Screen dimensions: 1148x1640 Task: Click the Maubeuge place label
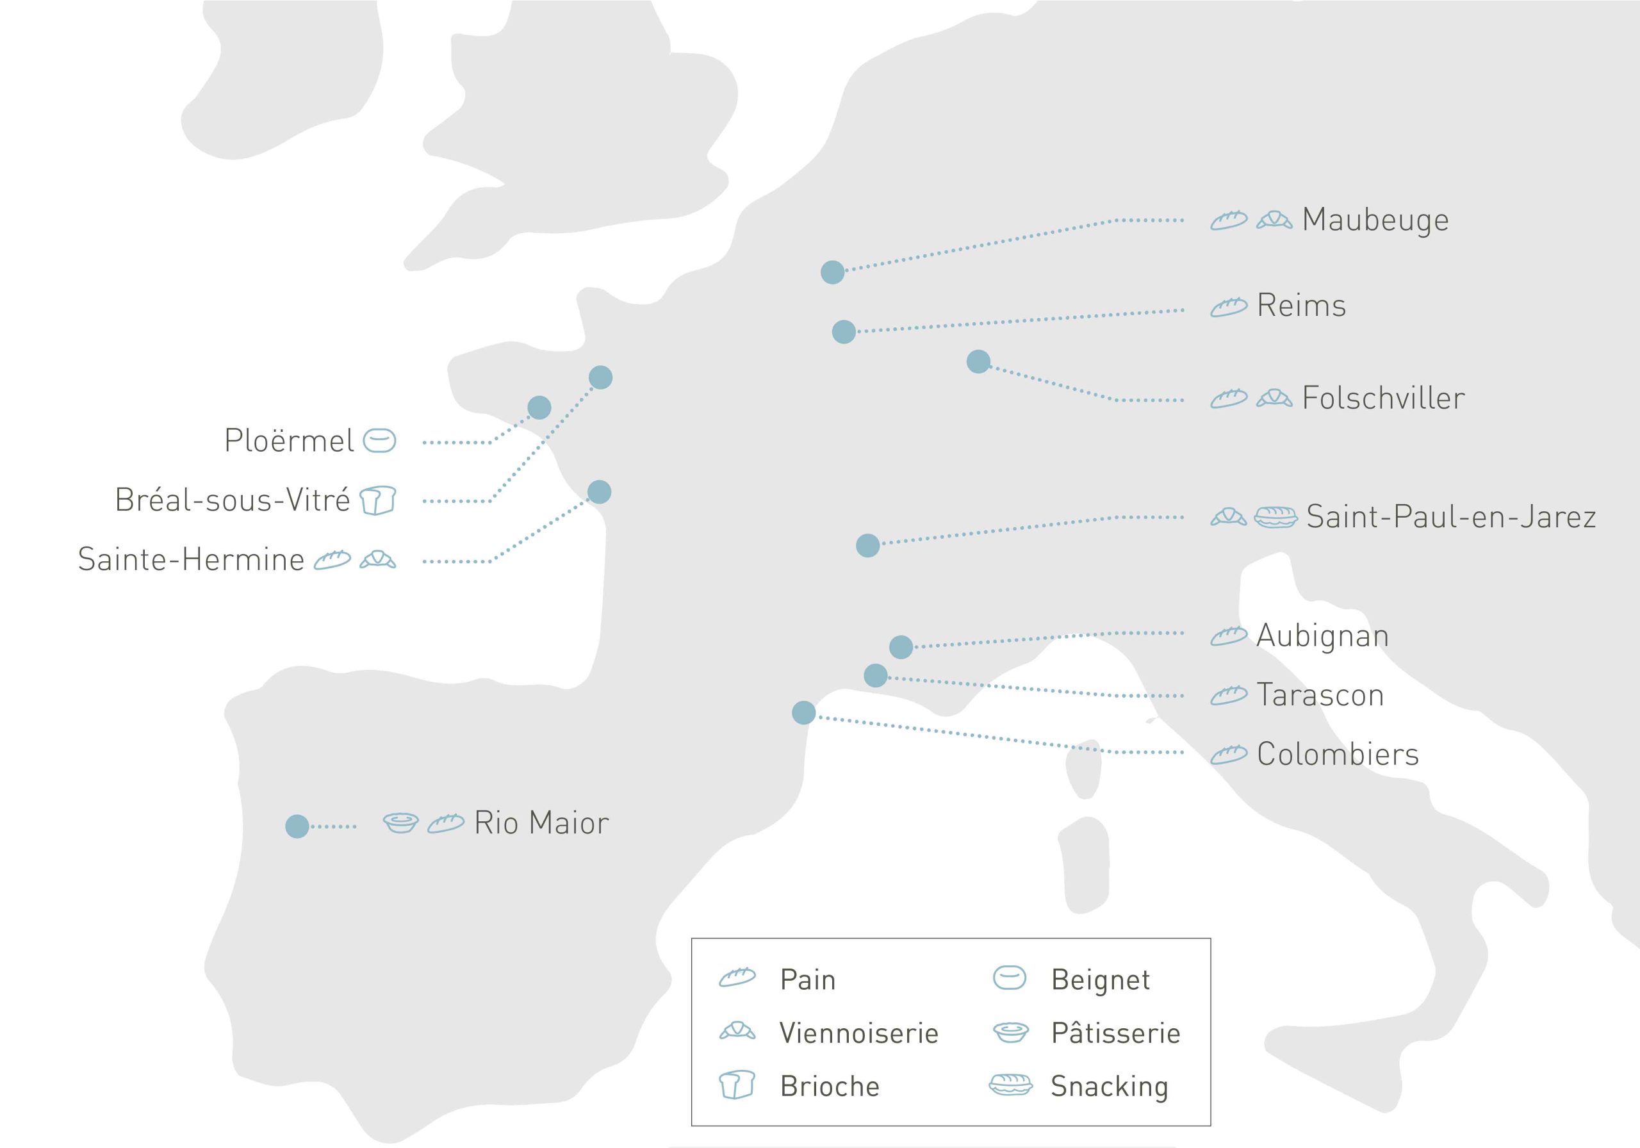pos(1375,219)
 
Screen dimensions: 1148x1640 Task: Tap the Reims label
pos(1300,306)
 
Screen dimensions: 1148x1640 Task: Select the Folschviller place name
pos(1383,398)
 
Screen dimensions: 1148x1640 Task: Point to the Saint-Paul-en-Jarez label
pos(1451,516)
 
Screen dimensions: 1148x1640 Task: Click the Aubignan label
pos(1322,635)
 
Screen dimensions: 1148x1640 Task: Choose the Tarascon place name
pos(1320,695)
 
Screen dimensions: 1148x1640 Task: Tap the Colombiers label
pos(1337,755)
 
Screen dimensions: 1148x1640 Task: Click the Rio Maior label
pos(541,823)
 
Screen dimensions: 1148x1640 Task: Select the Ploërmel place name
pos(288,441)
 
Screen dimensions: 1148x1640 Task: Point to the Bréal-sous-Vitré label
pos(233,500)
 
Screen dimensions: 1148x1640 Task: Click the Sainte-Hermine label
pos(191,559)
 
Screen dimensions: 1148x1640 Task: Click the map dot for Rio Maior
pos(297,826)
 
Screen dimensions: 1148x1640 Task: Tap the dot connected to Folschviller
pos(978,361)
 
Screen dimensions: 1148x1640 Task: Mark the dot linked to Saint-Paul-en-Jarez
pos(867,546)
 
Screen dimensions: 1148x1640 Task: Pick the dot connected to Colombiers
pos(803,712)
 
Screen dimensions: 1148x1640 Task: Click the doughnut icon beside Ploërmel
pos(379,441)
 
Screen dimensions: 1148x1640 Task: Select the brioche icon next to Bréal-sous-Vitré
pos(377,500)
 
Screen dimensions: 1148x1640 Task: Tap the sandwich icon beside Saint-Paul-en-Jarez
pos(1275,516)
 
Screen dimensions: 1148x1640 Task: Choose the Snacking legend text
pos(1108,1086)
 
